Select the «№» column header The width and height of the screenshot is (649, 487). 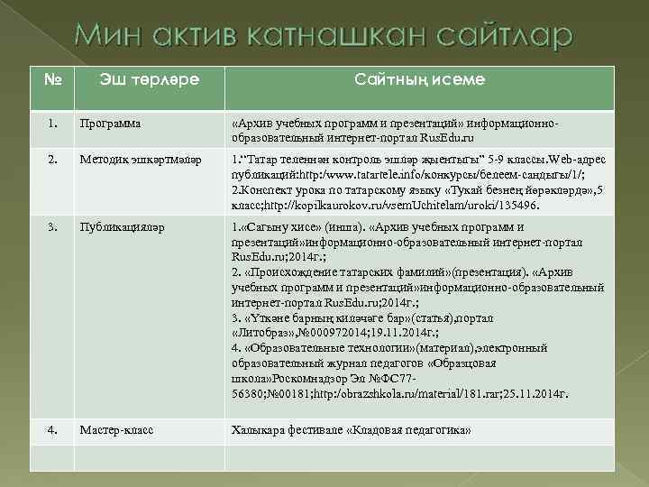52,79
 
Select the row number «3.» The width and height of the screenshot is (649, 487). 54,226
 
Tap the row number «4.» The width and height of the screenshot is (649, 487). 54,430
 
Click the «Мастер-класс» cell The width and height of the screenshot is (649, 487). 116,430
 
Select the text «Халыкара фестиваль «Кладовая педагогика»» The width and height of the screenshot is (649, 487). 351,430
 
